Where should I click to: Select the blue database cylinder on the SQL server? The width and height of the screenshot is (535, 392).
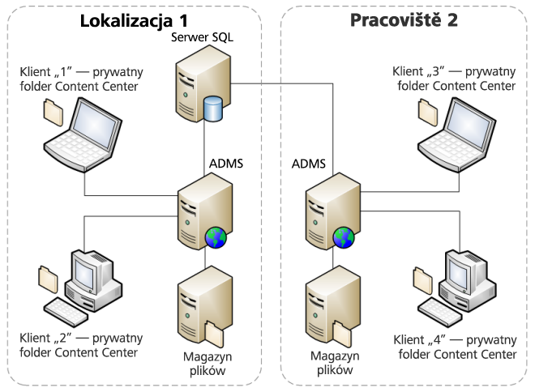[x=213, y=109]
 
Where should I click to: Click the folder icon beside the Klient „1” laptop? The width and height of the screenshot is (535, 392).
[x=53, y=111]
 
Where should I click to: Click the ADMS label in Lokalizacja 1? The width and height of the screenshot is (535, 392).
[x=226, y=164]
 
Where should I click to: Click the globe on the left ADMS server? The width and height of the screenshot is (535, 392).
[x=216, y=237]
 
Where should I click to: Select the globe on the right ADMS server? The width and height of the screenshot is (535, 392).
[x=343, y=237]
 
